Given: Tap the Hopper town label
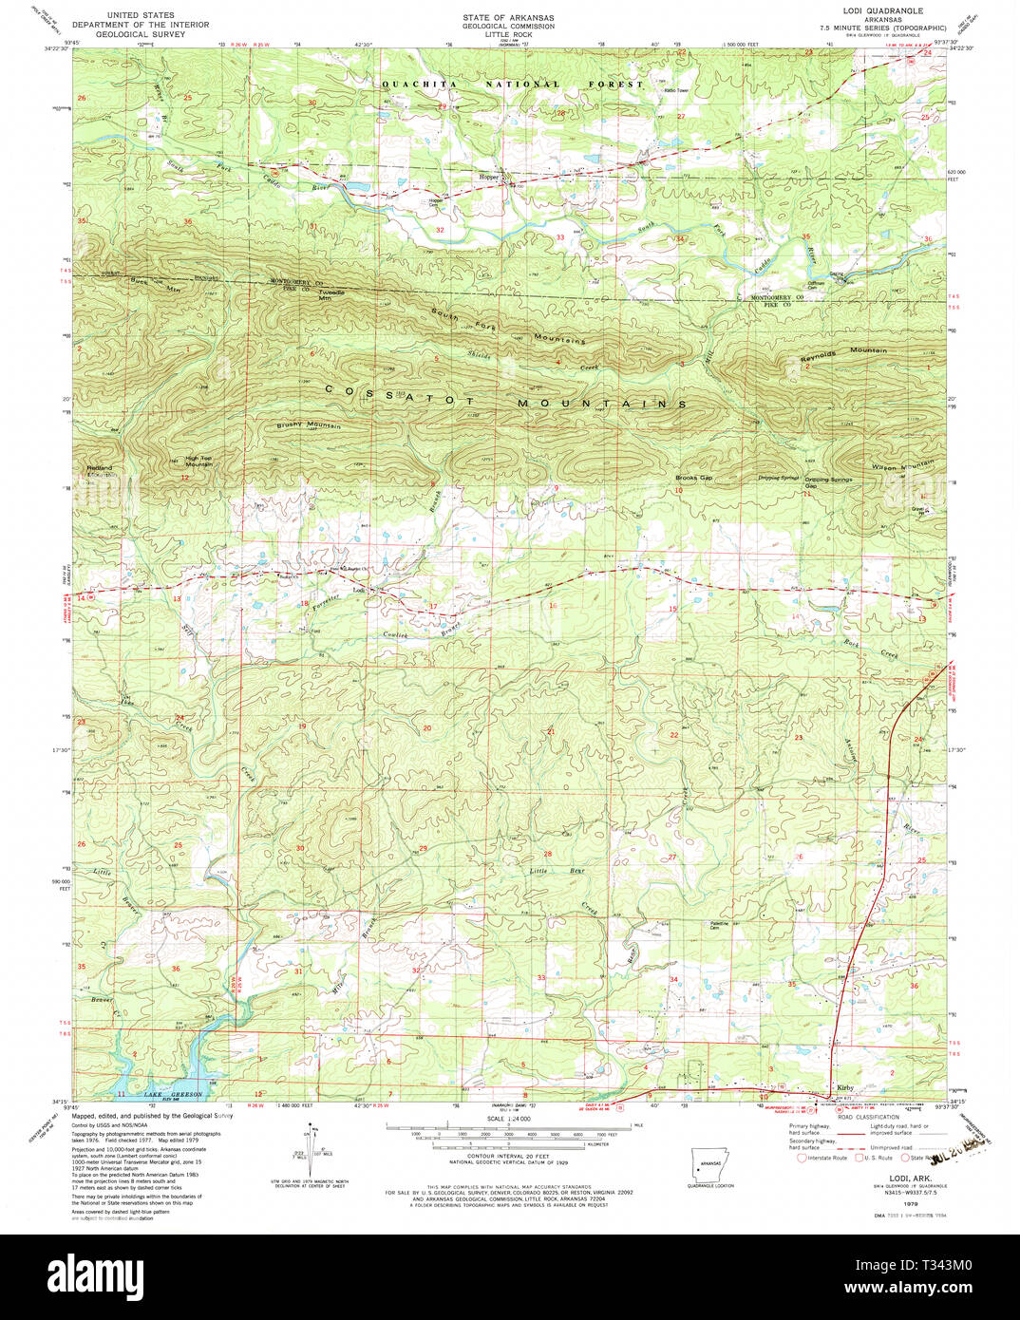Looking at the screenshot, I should pyautogui.click(x=489, y=177).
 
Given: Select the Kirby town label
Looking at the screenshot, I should pyautogui.click(x=844, y=1088).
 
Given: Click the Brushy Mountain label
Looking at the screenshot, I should pyautogui.click(x=309, y=425).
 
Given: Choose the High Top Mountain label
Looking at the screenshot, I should pyautogui.click(x=198, y=462).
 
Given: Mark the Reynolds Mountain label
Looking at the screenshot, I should pyautogui.click(x=842, y=353).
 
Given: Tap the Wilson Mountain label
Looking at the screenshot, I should pyautogui.click(x=902, y=465).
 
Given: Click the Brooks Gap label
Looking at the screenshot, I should pyautogui.click(x=693, y=478).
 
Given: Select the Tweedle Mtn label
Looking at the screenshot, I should pyautogui.click(x=331, y=294).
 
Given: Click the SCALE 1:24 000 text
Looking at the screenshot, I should pyautogui.click(x=508, y=1119).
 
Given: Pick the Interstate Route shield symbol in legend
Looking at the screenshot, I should pyautogui.click(x=802, y=1158).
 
